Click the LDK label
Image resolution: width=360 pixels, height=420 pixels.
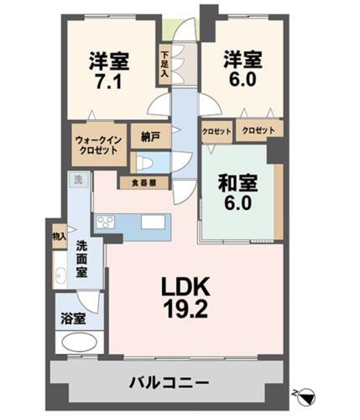[x=184, y=286]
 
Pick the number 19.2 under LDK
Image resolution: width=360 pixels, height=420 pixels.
[x=184, y=308]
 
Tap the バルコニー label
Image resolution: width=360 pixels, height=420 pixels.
[x=169, y=383]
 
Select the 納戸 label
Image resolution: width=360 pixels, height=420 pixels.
[x=150, y=135]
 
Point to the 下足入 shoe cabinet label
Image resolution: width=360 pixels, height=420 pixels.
[x=165, y=65]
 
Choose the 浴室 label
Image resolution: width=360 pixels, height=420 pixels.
[x=74, y=318]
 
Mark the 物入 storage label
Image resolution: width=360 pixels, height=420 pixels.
[x=58, y=237]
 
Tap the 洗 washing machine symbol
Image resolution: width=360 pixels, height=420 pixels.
[x=77, y=180]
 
